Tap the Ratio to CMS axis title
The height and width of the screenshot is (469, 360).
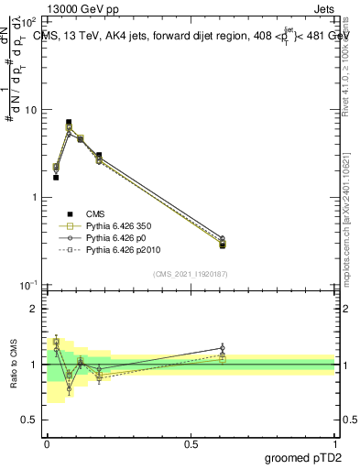point(13,364)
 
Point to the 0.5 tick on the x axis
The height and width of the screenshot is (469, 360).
point(191,443)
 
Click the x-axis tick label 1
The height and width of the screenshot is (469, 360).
point(334,443)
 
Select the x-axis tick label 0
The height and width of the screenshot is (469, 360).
point(47,443)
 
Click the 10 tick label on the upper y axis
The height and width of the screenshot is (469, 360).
point(31,110)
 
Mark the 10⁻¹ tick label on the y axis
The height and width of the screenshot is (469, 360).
point(29,285)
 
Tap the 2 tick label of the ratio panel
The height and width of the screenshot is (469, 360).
point(35,309)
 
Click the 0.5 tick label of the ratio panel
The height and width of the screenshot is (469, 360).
point(32,420)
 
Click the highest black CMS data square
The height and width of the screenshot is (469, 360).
point(69,122)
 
